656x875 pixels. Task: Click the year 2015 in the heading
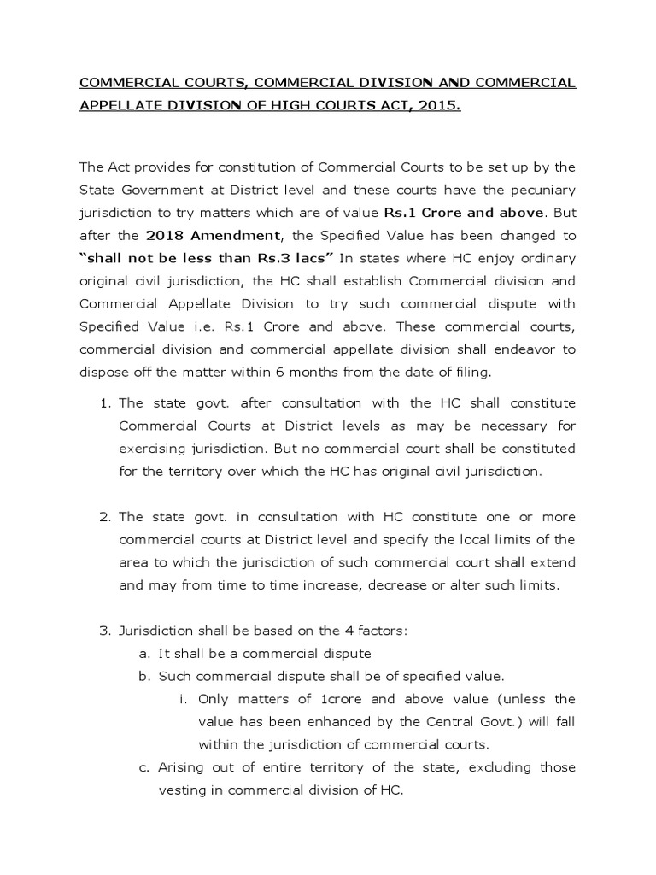click(440, 109)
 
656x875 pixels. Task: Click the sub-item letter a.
click(143, 654)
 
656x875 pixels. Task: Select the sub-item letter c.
click(143, 767)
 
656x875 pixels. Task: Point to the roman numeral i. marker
click(183, 699)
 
